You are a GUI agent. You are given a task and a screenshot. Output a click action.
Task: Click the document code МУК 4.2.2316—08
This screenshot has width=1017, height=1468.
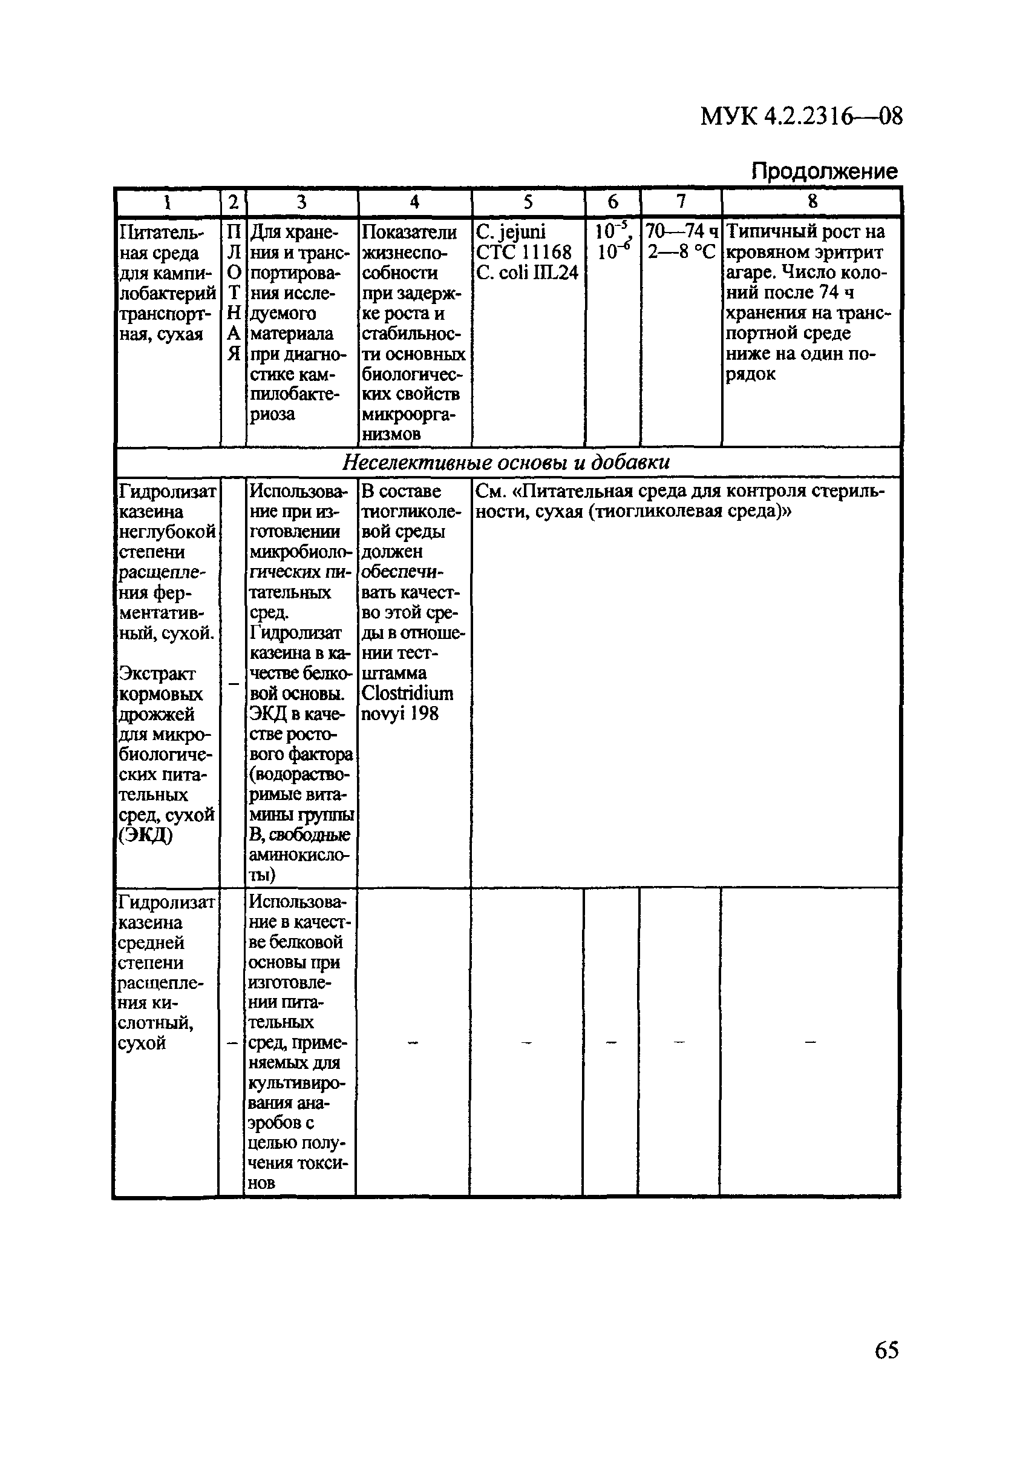(x=801, y=117)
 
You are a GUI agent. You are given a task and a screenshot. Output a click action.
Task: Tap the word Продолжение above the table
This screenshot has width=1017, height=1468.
(x=824, y=171)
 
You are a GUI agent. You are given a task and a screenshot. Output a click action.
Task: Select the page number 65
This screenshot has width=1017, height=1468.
(x=886, y=1350)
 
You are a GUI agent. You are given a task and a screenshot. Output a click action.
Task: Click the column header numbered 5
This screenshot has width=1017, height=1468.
(x=528, y=202)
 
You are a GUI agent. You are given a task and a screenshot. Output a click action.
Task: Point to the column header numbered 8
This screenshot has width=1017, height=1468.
(x=812, y=202)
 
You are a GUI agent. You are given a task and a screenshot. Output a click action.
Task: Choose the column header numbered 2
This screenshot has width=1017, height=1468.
(x=233, y=203)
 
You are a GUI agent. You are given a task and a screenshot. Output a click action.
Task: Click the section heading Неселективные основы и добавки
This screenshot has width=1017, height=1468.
(x=506, y=462)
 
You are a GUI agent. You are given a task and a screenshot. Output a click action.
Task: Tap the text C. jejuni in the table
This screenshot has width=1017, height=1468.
(x=511, y=231)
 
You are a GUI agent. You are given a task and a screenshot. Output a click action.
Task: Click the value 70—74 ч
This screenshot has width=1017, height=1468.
(x=681, y=231)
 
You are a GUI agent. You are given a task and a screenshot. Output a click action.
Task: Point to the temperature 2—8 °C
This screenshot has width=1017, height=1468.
(x=681, y=252)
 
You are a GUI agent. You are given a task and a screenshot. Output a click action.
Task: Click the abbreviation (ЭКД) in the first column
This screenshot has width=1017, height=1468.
(x=145, y=835)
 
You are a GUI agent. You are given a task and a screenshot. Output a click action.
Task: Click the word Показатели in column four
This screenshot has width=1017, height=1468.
(x=408, y=232)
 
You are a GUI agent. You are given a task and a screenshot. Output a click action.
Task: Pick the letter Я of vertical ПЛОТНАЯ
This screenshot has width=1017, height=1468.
(x=233, y=353)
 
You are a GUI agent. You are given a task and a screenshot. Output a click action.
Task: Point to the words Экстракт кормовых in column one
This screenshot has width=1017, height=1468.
(x=160, y=684)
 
